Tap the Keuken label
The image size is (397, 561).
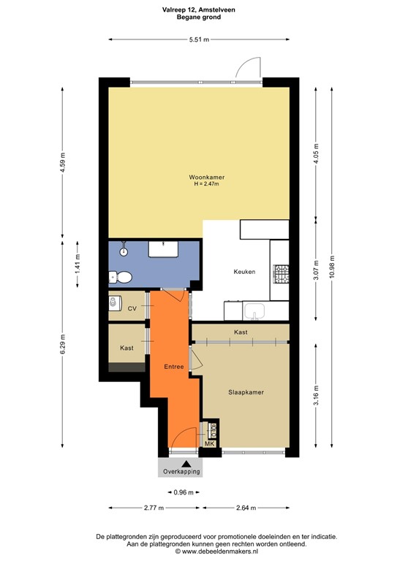244,272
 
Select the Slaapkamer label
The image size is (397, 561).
246,392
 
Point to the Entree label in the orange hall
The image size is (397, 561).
174,367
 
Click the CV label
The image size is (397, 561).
132,309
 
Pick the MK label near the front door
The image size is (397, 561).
209,444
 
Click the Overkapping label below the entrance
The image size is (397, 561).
179,471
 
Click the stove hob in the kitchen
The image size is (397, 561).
280,274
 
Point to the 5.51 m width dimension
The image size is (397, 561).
198,39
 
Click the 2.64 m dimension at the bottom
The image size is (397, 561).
246,508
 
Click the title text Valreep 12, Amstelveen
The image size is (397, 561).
198,10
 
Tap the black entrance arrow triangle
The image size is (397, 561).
186,463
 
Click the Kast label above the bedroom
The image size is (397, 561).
241,332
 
